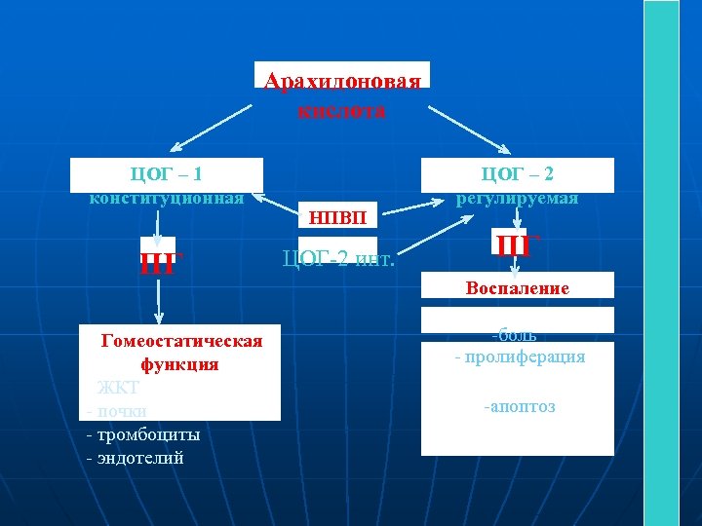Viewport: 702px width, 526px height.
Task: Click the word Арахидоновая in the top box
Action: click(x=342, y=80)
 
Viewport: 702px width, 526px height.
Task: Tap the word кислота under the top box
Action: click(x=342, y=110)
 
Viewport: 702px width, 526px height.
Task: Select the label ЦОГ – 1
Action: click(x=167, y=174)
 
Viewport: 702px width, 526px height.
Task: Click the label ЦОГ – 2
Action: click(x=518, y=174)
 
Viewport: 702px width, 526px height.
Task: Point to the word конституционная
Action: click(x=167, y=198)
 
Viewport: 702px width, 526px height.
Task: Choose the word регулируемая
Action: click(x=518, y=198)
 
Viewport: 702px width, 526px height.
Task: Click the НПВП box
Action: click(x=337, y=216)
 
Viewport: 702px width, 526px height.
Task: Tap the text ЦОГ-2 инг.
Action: click(x=337, y=258)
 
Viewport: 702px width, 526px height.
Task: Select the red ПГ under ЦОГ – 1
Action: click(x=157, y=263)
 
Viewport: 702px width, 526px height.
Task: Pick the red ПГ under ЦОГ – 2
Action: click(x=513, y=244)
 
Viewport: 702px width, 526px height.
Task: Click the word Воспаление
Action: click(x=518, y=288)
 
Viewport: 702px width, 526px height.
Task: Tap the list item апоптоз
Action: click(x=520, y=406)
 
